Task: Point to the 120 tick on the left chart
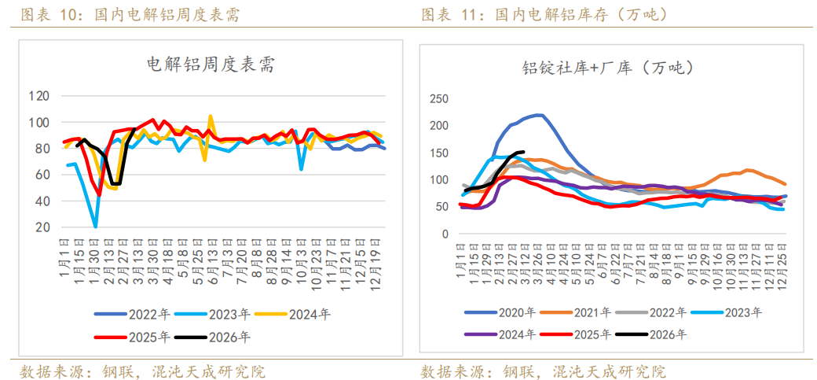coord(61,96)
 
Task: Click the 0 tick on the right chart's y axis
coord(445,234)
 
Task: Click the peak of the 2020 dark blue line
coord(539,115)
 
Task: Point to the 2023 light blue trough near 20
coord(96,227)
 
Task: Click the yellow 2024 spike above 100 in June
coord(211,116)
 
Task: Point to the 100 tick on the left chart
coord(61,123)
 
